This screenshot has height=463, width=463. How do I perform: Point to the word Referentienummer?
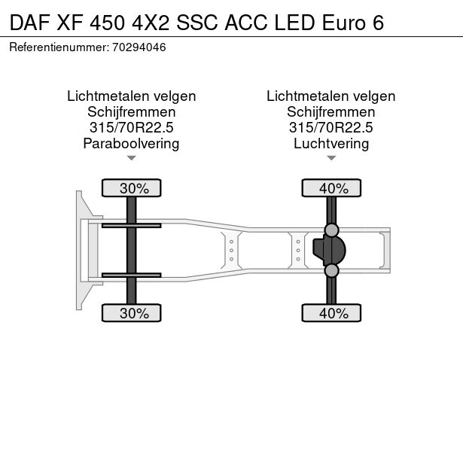59,47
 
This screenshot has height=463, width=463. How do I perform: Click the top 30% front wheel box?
132,188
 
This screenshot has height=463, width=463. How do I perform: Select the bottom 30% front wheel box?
132,313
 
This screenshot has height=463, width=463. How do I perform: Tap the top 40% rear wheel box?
331,188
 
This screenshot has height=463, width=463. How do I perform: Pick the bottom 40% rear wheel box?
331,313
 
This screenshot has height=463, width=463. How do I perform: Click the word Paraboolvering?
132,144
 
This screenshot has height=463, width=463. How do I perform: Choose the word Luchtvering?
331,144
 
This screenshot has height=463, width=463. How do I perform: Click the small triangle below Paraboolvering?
132,158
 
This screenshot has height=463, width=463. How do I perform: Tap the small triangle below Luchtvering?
331,158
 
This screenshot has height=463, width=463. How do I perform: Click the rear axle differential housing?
331,250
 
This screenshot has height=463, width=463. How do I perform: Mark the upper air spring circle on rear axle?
331,230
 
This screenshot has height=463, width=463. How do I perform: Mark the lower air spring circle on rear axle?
331,270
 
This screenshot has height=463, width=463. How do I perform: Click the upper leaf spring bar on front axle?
132,225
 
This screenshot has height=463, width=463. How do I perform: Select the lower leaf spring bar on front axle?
132,275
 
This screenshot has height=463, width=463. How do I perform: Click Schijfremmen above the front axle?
132,111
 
